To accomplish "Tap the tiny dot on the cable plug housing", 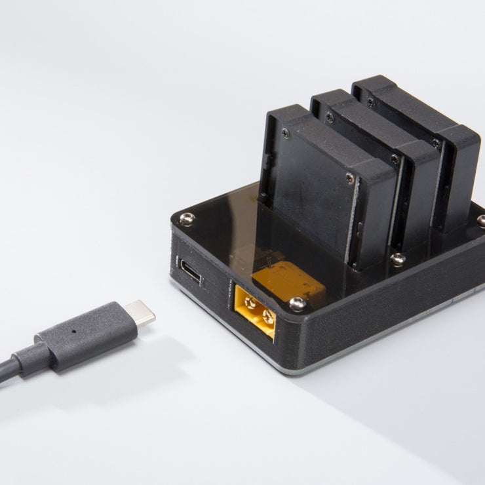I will pos(73,331).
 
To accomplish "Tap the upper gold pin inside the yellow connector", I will pos(250,303).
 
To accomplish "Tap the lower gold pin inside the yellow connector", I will pos(267,318).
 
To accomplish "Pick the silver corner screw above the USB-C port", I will pos(187,219).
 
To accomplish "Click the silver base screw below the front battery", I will pos(397,260).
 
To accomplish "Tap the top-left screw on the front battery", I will pos(286,132).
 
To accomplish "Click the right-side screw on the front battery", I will pos(350,178).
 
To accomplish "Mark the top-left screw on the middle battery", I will pos(330,118).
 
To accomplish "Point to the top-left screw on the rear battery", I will pos(370,102).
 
